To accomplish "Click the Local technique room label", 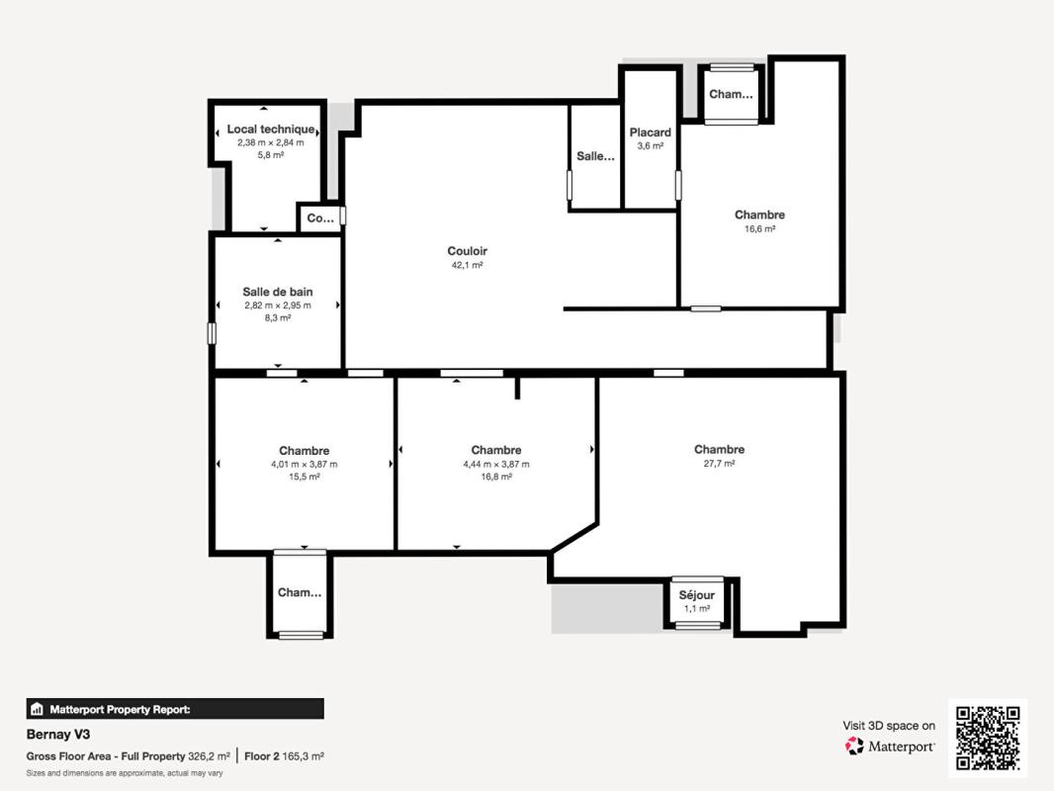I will coord(271,130).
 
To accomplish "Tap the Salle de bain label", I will coord(278,292).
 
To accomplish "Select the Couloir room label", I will coord(467,251).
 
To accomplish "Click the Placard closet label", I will coord(651,132).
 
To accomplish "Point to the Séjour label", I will coord(697,595).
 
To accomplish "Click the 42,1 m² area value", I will coord(467,265).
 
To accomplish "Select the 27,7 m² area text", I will coord(719,464).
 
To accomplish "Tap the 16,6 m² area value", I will coord(759,228).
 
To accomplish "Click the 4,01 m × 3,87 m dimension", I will coord(304,464).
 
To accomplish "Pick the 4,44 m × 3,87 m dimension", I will coord(496,464).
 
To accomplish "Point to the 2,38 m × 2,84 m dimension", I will coord(271,142).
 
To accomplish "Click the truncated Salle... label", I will coord(595,156).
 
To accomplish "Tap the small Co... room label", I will coord(320,219).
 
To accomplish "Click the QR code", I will coord(988,738).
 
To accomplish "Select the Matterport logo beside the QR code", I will coord(890,747).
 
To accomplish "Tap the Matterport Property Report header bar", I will coord(175,709).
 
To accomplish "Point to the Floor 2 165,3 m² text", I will coord(285,756).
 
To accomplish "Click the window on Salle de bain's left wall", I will coord(212,333).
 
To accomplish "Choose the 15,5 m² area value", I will coord(304,477).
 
